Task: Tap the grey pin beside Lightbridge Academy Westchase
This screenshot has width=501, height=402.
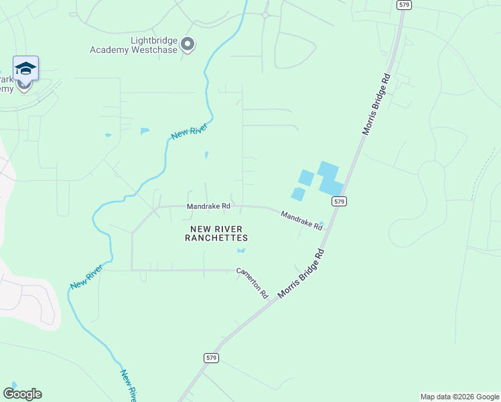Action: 188,45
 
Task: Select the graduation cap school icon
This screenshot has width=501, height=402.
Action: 25,68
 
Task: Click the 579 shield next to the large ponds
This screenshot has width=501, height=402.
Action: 340,201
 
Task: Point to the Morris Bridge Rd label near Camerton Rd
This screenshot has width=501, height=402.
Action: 301,273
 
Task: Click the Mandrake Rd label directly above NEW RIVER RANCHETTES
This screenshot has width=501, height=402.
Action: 208,206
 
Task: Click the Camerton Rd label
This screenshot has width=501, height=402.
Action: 251,283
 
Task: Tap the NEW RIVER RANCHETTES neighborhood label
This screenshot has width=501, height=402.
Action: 218,233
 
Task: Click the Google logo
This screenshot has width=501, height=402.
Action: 22,394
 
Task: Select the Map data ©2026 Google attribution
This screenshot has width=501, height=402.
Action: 459,397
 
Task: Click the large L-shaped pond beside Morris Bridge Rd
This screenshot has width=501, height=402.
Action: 330,178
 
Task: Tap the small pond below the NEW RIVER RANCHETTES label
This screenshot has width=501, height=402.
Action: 241,251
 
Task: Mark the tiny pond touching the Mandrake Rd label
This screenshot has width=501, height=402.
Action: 321,223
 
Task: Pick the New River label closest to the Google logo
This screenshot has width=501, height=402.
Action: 129,385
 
